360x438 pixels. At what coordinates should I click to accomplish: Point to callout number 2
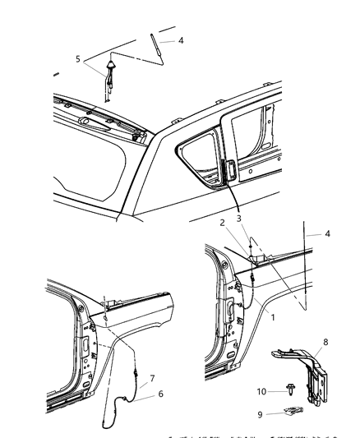pos(221,223)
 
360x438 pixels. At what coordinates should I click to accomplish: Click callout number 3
pos(239,219)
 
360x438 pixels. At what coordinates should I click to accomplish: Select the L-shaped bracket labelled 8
pos(313,366)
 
